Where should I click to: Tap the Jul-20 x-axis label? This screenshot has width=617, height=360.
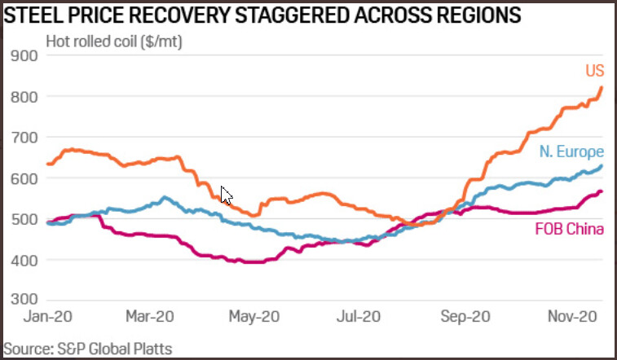359,315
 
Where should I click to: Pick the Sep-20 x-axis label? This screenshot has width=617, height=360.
465,315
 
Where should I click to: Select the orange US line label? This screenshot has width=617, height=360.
594,72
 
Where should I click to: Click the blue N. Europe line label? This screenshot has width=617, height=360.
571,152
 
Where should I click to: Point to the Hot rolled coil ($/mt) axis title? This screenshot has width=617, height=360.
115,40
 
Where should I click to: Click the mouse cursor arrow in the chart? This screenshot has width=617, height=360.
227,195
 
